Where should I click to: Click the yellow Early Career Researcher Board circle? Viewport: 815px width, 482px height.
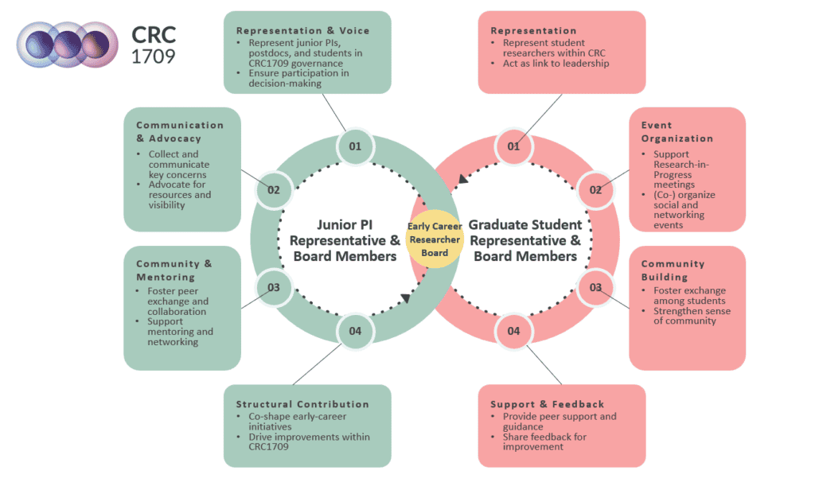[x=435, y=239]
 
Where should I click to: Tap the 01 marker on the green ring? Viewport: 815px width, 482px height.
[x=355, y=146]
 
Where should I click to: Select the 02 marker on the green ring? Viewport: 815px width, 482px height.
[x=274, y=190]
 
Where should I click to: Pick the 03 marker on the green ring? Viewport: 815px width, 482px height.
[x=274, y=287]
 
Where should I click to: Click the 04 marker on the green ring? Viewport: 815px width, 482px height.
[x=355, y=330]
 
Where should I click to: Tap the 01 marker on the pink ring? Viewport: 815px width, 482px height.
[x=513, y=146]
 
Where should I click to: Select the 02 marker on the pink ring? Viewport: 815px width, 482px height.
[x=595, y=190]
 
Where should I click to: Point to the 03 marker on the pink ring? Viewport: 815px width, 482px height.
[x=595, y=287]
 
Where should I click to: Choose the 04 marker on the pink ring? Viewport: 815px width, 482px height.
[x=513, y=330]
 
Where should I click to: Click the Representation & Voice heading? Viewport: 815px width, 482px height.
[x=303, y=31]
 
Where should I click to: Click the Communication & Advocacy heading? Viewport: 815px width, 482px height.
[x=180, y=131]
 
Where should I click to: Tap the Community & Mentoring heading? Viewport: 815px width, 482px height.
[x=174, y=270]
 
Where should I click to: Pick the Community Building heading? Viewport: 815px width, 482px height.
[x=673, y=270]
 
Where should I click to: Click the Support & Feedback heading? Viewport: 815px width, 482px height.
[x=548, y=404]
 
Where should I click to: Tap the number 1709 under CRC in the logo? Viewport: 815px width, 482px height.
[x=154, y=56]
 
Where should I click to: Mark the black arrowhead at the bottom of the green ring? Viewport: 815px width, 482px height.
[x=405, y=298]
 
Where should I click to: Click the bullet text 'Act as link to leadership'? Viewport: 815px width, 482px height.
[x=556, y=64]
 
